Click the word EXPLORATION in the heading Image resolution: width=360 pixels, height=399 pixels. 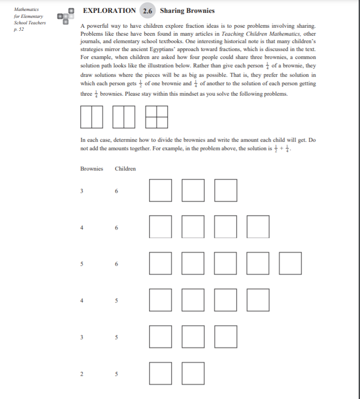click(x=109, y=10)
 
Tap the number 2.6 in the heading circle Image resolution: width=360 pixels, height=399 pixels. click(x=148, y=11)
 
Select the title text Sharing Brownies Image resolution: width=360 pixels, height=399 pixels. click(x=187, y=10)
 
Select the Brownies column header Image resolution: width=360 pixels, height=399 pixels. click(x=92, y=169)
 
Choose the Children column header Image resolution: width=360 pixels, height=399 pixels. click(x=125, y=169)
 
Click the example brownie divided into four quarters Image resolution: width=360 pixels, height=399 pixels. click(x=156, y=117)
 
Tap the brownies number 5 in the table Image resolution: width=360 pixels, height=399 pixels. click(x=82, y=264)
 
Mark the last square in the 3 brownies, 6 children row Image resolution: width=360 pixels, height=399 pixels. click(x=225, y=191)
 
